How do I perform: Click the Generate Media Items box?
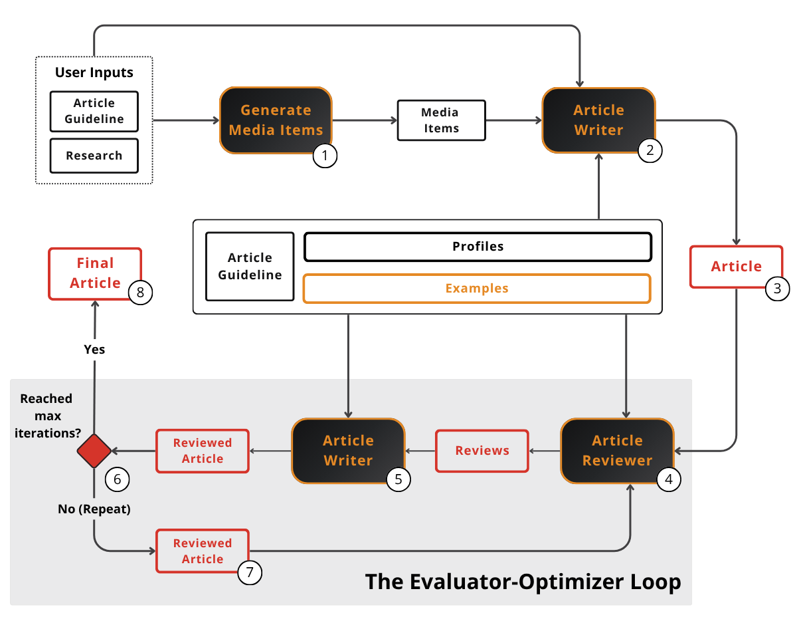[276, 120]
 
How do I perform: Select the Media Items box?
[441, 120]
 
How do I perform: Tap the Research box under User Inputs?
[94, 156]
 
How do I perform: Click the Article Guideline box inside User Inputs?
[94, 111]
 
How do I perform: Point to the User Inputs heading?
[94, 72]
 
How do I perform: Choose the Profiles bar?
[478, 247]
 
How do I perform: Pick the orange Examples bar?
[476, 289]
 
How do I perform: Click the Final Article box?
[95, 273]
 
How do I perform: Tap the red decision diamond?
[94, 451]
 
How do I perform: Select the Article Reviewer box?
[617, 450]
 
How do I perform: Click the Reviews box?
[482, 451]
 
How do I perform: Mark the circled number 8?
[141, 292]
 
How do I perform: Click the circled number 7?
[250, 572]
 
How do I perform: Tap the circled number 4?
[668, 479]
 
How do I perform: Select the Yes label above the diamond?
[94, 349]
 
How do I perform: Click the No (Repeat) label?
[94, 510]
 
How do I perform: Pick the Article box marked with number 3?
[736, 267]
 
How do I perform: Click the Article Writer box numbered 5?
[348, 450]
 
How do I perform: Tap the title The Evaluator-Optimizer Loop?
[523, 582]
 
